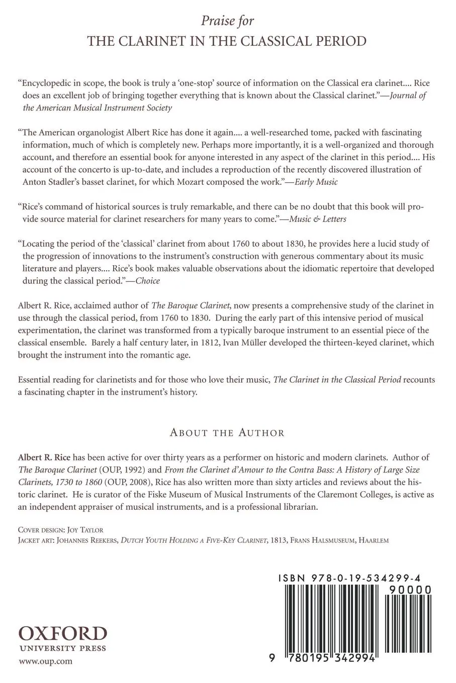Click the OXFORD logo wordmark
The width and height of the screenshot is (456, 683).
pyautogui.click(x=63, y=633)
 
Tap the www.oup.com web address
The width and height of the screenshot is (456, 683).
pyautogui.click(x=46, y=661)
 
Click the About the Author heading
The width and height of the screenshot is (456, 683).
pyautogui.click(x=227, y=432)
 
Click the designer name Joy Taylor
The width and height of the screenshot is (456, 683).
pyautogui.click(x=84, y=530)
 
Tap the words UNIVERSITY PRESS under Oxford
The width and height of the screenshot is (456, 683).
pyautogui.click(x=62, y=648)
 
